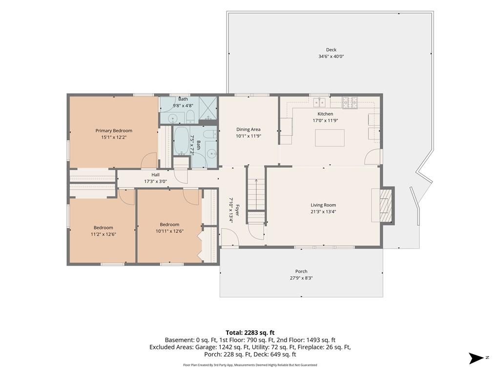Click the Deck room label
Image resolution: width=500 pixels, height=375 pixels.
[x=331, y=50]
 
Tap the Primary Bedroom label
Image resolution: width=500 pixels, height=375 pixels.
[x=114, y=131]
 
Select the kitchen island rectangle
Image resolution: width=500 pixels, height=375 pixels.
[x=330, y=138]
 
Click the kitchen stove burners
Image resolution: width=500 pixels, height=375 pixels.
[x=350, y=102]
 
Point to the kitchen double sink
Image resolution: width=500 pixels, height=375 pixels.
[x=319, y=103]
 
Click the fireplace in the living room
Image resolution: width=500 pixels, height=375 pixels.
[x=386, y=206]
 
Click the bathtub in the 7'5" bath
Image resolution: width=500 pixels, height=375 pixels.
[x=182, y=141]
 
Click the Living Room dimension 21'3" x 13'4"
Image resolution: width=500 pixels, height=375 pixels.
[x=323, y=212]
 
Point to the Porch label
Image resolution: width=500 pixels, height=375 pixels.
[x=301, y=271]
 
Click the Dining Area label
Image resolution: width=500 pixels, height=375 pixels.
[x=248, y=129]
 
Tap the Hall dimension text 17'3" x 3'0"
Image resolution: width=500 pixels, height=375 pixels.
[x=156, y=182]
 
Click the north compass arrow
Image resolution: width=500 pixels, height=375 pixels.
[x=477, y=358]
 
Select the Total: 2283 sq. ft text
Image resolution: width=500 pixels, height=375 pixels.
[x=250, y=333]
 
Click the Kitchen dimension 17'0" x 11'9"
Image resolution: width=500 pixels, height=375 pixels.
[x=325, y=121]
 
